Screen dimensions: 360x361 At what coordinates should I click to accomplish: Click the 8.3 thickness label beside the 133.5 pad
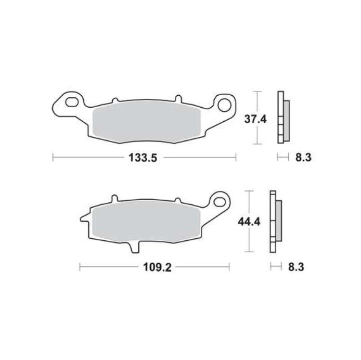302,158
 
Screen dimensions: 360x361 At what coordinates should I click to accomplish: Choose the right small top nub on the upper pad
178,98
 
